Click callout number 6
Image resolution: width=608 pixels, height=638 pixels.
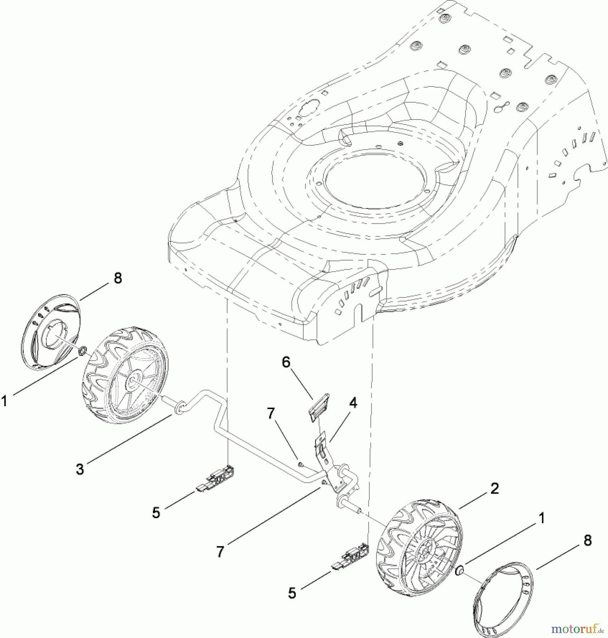point(286,363)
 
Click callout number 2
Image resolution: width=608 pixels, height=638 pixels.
point(494,489)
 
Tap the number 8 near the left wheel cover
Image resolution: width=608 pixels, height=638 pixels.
point(118,278)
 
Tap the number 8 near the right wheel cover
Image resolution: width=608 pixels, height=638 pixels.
point(588,541)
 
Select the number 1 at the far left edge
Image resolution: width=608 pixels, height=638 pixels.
point(4,402)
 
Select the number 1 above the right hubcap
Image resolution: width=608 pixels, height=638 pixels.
point(541,519)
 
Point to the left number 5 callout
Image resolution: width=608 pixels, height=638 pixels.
point(156,513)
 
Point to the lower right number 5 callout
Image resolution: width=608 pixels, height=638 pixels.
point(292,593)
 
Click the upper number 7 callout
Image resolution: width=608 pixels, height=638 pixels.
point(271,413)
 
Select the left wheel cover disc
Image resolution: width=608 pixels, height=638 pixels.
point(50,331)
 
